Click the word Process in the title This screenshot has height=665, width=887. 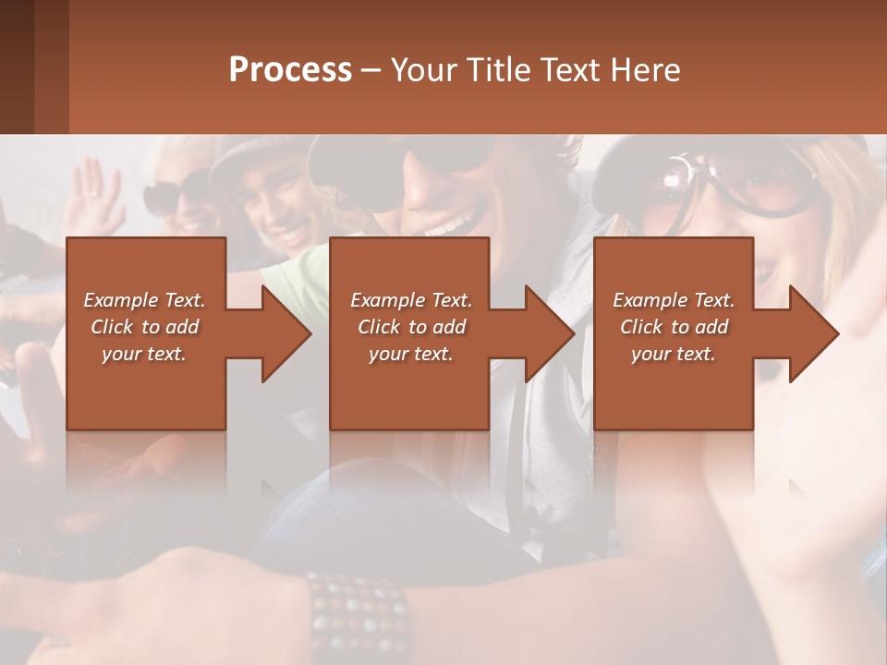(x=290, y=69)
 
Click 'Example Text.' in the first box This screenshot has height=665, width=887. (x=145, y=300)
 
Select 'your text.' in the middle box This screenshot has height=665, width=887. (x=410, y=354)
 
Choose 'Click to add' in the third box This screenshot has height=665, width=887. (x=674, y=327)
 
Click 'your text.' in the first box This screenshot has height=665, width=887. (x=144, y=354)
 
